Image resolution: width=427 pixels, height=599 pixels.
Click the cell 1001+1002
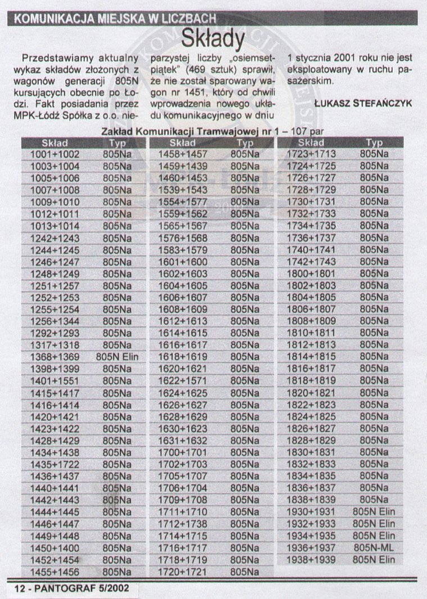coord(55,154)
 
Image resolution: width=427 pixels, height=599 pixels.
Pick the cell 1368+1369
coord(55,357)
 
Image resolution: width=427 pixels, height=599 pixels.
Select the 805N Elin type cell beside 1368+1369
coord(117,357)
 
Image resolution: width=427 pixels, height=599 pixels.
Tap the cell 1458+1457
coord(183,154)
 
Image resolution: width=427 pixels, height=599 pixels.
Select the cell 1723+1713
coord(311,154)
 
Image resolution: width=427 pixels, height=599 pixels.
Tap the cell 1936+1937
coord(311,547)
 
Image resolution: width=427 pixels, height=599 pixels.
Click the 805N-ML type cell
coord(374,547)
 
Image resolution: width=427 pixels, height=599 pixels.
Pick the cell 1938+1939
coord(311,559)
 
